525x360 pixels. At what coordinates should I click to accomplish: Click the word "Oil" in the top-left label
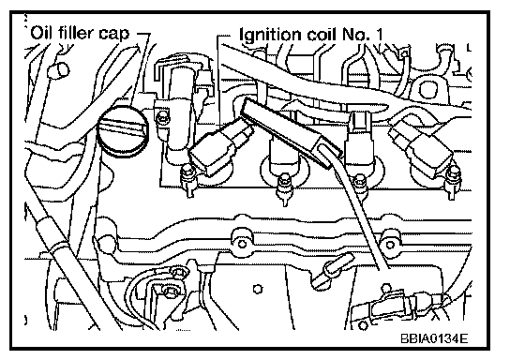point(41,33)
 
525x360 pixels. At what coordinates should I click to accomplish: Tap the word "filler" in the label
point(76,33)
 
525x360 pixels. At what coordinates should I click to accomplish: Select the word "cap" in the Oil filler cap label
point(113,35)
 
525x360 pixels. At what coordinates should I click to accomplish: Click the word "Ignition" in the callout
point(270,36)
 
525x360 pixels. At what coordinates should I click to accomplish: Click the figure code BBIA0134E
point(434,338)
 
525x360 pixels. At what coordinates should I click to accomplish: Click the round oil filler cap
point(123,131)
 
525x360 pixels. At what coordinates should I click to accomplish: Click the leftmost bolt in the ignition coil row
point(187,180)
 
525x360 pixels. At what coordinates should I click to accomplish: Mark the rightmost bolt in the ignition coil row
point(455,182)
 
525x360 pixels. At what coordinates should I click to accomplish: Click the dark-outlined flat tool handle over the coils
point(292,132)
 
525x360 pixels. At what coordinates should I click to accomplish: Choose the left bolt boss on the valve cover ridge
point(243,242)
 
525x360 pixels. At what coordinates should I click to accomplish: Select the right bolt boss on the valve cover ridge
point(390,244)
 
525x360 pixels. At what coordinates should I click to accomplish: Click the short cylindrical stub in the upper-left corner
point(58,70)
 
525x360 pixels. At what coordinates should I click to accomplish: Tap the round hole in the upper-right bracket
point(427,89)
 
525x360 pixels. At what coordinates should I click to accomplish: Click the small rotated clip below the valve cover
point(333,270)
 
